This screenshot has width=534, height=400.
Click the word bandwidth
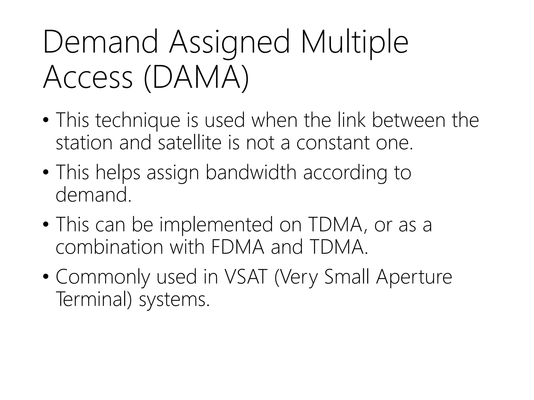251,173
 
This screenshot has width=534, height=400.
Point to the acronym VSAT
246,277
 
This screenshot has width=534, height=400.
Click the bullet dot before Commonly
46,277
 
